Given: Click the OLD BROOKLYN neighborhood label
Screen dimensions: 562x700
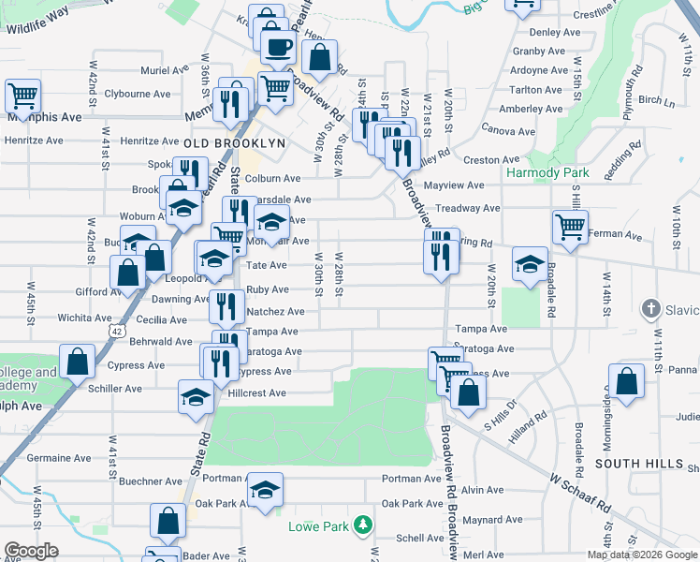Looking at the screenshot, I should pyautogui.click(x=234, y=142).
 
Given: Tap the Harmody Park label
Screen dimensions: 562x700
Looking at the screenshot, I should pyautogui.click(x=547, y=173).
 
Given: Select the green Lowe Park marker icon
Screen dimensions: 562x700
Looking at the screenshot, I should pyautogui.click(x=363, y=527).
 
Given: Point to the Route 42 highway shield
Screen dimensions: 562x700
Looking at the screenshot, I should pyautogui.click(x=115, y=331).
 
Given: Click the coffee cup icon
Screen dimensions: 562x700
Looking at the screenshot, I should pyautogui.click(x=277, y=47).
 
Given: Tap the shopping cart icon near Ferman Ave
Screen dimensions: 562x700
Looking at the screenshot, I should pyautogui.click(x=570, y=226).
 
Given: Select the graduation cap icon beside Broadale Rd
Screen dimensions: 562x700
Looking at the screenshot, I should pyautogui.click(x=530, y=264).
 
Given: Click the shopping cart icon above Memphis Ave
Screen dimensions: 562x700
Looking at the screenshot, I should pyautogui.click(x=22, y=95).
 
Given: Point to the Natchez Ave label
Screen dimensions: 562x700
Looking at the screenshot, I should pyautogui.click(x=274, y=311).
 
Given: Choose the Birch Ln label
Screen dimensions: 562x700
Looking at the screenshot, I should pyautogui.click(x=657, y=100).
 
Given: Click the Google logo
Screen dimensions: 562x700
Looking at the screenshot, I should pyautogui.click(x=31, y=551).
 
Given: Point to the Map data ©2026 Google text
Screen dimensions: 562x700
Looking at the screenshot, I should pyautogui.click(x=641, y=555).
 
